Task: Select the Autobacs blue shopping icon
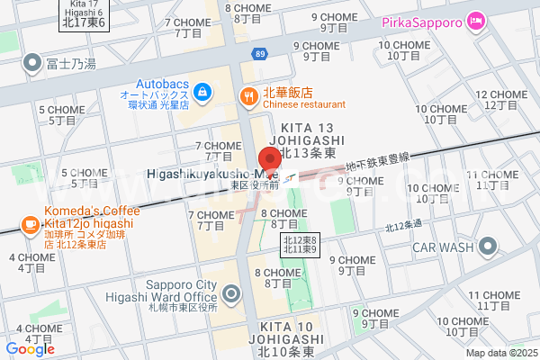202,90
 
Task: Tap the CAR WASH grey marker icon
489,246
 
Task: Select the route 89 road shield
259,55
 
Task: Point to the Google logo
30,348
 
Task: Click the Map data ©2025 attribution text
500,353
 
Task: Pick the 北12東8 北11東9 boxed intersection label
299,243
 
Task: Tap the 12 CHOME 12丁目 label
494,100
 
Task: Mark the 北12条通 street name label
402,226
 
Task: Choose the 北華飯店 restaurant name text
287,92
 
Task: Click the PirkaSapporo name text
422,21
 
